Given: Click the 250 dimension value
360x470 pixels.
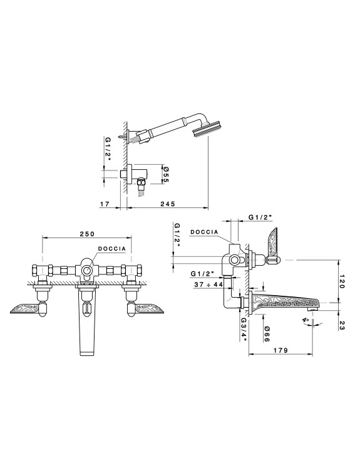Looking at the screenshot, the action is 87,234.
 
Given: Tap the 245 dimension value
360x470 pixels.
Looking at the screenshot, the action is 167,204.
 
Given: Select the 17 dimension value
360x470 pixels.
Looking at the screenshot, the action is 104,204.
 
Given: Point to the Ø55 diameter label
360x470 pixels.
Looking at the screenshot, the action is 166,174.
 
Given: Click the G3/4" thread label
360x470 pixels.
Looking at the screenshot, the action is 243,330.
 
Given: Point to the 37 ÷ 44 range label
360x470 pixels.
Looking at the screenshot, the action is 208,285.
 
